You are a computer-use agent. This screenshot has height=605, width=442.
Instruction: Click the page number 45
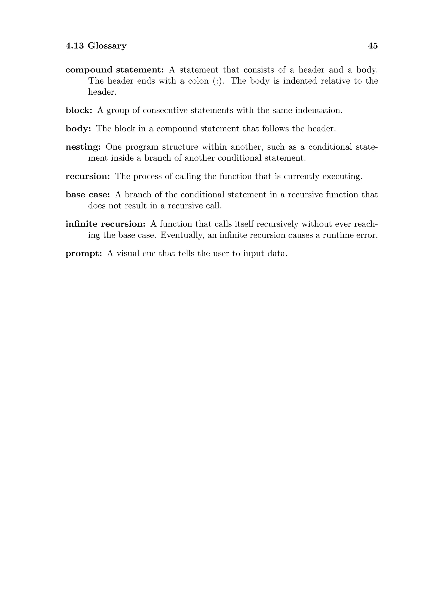tap(373, 46)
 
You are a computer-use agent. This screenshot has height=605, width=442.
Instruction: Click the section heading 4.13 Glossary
tap(96, 46)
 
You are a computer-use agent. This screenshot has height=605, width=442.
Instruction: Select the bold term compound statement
tap(115, 70)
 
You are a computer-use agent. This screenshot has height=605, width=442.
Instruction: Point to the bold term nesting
tap(83, 147)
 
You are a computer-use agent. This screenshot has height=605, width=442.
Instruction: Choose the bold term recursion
tap(87, 176)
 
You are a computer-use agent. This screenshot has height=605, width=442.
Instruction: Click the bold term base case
tap(87, 195)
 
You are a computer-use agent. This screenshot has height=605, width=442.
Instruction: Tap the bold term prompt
tap(84, 253)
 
